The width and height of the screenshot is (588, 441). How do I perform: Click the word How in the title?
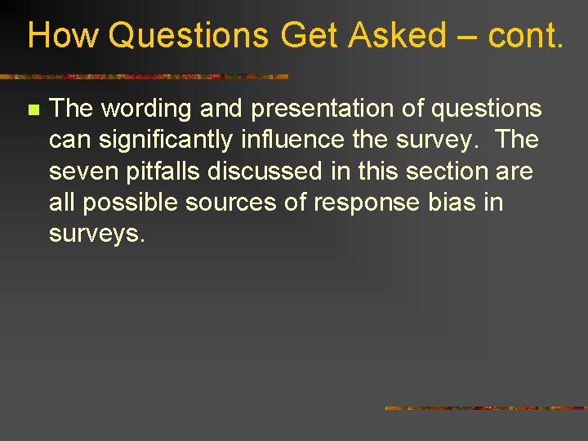(62, 36)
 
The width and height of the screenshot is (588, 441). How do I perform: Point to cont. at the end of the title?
(526, 36)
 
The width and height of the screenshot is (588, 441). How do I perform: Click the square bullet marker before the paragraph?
(32, 109)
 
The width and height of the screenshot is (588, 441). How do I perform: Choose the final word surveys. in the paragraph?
(97, 234)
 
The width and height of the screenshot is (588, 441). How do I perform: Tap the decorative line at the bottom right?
(486, 408)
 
